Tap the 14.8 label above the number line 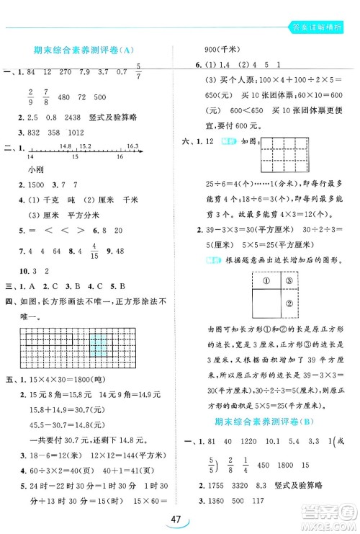point(66,146)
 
